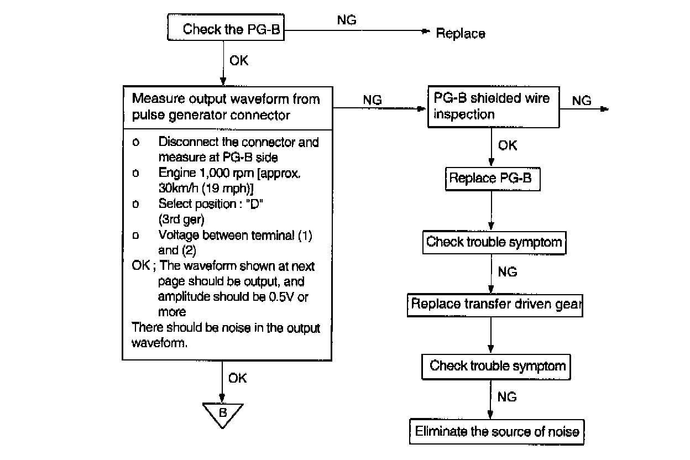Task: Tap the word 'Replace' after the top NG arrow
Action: tap(461, 34)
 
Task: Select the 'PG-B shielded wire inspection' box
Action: tap(493, 107)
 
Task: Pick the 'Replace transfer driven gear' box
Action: tap(495, 305)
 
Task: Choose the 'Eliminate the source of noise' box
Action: tap(496, 431)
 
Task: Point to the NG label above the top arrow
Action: tap(347, 20)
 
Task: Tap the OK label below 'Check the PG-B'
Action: tap(238, 60)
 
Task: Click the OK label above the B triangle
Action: tap(237, 379)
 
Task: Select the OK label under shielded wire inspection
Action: tap(508, 145)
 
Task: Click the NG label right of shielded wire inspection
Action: tap(582, 101)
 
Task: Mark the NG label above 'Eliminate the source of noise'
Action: tap(507, 397)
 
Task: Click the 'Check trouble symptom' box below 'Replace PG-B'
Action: tap(494, 242)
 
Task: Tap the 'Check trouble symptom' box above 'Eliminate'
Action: tap(497, 366)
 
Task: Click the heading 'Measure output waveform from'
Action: tap(226, 100)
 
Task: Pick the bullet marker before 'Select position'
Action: tap(135, 204)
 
